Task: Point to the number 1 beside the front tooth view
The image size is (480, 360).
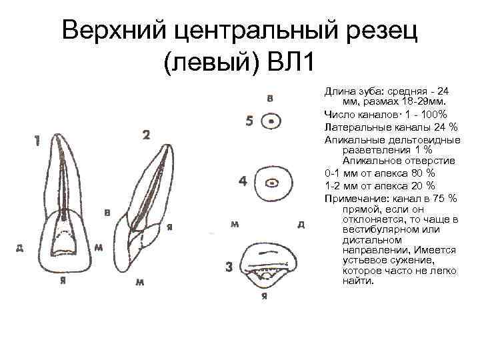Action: (38, 141)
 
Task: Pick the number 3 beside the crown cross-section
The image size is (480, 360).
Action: (229, 268)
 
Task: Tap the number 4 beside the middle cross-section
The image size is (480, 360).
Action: (243, 181)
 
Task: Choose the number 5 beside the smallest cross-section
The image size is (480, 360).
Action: (249, 121)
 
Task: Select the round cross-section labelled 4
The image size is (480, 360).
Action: (272, 181)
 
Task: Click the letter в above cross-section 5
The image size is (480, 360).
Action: (270, 98)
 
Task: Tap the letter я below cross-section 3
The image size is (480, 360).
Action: (265, 296)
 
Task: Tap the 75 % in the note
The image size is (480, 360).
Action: (446, 198)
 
